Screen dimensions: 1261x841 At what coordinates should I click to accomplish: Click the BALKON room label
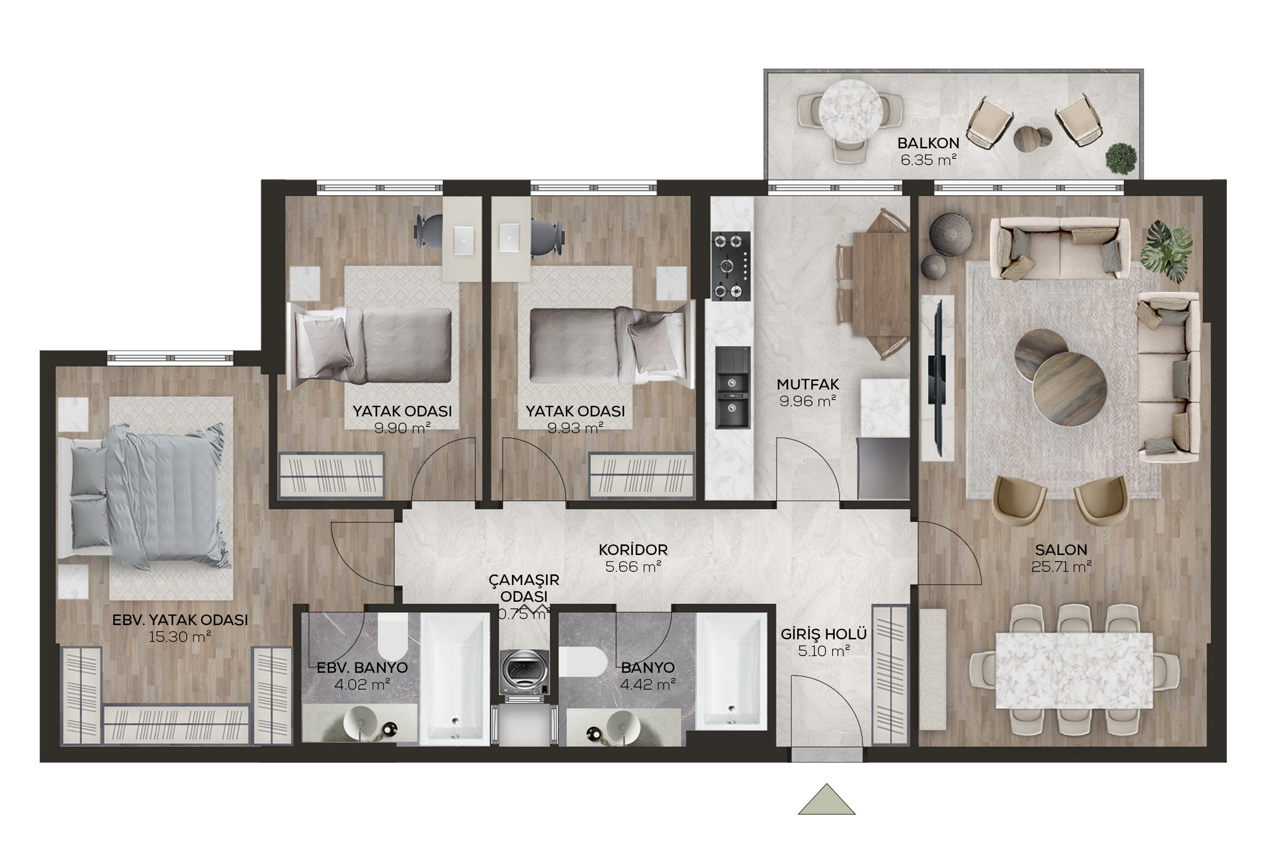(928, 143)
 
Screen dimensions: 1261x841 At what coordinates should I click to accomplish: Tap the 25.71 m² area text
(1061, 567)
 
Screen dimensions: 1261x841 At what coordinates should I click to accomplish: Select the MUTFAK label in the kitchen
(808, 384)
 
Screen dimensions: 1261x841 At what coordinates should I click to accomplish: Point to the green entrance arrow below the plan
(827, 799)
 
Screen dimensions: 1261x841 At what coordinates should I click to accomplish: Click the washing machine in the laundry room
(524, 672)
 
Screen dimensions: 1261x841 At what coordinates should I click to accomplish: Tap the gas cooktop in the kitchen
(731, 266)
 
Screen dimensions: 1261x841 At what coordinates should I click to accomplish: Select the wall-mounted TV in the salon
(937, 379)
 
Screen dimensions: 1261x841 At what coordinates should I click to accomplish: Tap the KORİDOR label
(633, 550)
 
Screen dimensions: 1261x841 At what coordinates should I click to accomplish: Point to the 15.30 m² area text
(180, 637)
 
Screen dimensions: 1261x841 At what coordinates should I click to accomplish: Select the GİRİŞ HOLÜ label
(823, 633)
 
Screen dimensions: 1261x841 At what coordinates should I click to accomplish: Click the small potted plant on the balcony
(1121, 157)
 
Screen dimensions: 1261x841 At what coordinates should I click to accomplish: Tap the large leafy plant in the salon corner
(1166, 250)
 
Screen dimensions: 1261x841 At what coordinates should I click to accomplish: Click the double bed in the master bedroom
(142, 496)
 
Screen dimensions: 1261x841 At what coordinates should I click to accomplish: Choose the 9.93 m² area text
(576, 428)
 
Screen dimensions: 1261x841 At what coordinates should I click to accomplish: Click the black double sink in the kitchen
(733, 394)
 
